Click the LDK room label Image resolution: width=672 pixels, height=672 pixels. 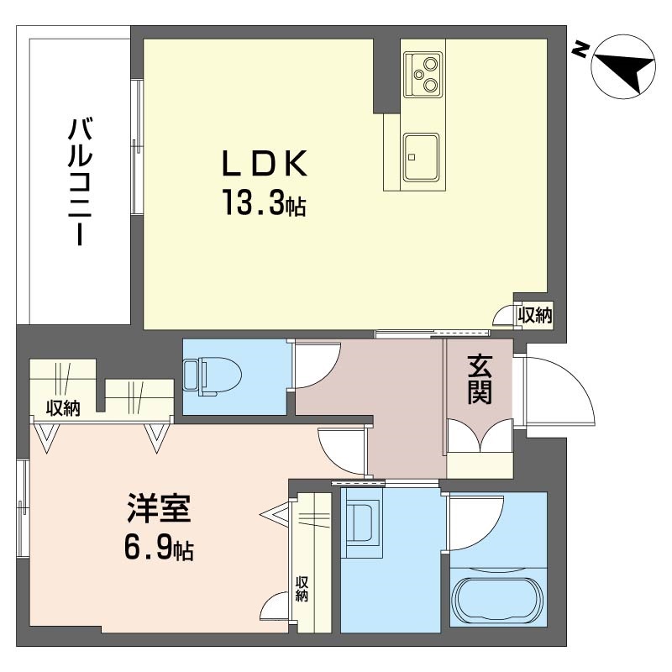point(265,163)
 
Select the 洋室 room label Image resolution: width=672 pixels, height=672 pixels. point(159,508)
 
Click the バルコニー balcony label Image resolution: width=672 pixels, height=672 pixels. point(80,181)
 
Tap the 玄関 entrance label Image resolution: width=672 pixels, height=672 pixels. point(480,380)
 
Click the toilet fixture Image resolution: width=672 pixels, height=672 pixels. point(213,376)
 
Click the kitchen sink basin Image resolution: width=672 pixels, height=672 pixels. point(422,156)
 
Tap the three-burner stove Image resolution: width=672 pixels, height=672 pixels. point(423,74)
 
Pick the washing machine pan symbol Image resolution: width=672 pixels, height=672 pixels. point(362,522)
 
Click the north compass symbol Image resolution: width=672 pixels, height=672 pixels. point(623,67)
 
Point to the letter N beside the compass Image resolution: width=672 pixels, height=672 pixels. point(580,50)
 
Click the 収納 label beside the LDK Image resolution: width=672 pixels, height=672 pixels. point(535,316)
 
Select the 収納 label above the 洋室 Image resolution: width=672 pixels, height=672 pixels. point(63,407)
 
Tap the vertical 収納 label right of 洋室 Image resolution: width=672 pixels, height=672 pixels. point(302,589)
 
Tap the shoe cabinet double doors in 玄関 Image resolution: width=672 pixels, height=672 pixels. point(480,434)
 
